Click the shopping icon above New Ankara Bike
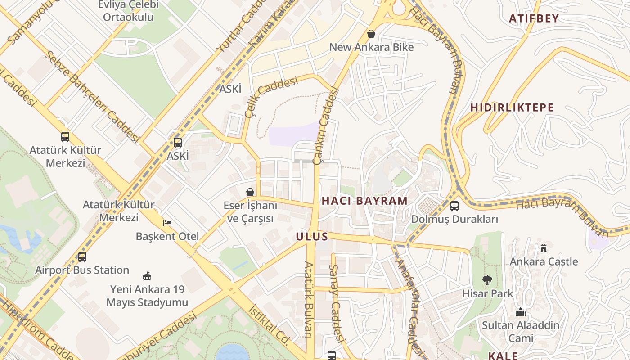[371, 34]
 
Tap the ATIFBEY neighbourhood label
[534, 18]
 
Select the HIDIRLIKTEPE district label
[512, 108]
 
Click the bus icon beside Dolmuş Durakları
[454, 206]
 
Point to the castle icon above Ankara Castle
[544, 248]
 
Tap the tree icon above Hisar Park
[487, 280]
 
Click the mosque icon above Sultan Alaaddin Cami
[521, 312]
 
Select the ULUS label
[312, 237]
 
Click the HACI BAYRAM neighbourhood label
[364, 201]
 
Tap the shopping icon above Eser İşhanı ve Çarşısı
[250, 193]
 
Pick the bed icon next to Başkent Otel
[167, 223]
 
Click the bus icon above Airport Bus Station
[82, 257]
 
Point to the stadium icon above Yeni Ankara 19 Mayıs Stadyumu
[147, 276]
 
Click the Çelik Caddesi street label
[271, 96]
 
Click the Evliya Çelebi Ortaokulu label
[128, 11]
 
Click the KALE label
[503, 355]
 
